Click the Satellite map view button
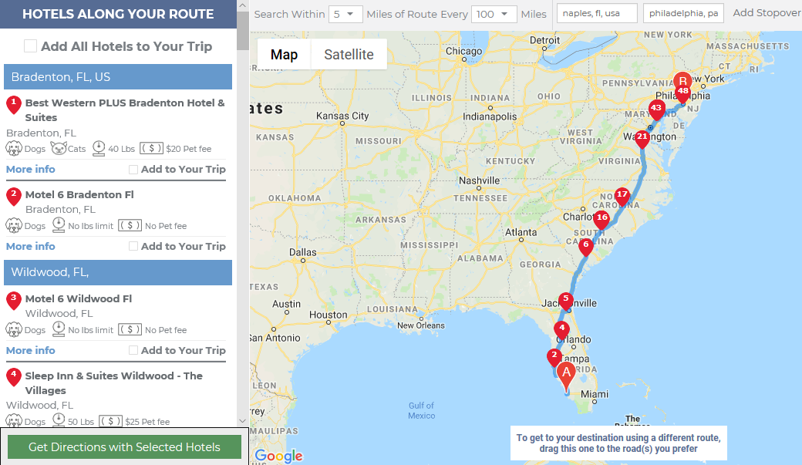349,55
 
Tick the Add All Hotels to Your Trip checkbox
30,46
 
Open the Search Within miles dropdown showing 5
345,15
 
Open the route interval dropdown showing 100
495,15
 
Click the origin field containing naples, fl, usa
596,14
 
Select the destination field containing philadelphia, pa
682,14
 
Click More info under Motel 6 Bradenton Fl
31,246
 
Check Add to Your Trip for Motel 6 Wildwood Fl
133,351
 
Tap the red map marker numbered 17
622,196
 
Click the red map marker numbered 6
585,246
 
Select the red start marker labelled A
566,373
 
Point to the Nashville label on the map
480,181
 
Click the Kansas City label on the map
343,116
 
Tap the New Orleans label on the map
421,325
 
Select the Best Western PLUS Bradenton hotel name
124,110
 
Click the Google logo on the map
278,456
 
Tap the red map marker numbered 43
657,109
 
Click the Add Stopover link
766,13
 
